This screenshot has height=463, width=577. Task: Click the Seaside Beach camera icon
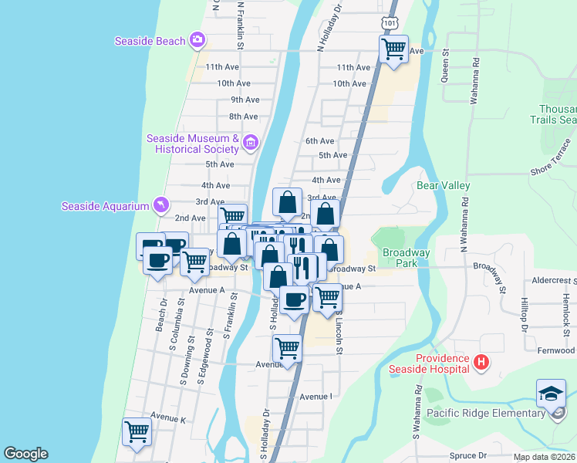coord(197,40)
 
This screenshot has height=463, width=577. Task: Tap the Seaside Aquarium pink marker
coord(160,204)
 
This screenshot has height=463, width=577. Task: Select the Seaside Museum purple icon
coord(250,143)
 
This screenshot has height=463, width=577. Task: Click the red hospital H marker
coord(481,362)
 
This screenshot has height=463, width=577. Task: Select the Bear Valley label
coord(443,185)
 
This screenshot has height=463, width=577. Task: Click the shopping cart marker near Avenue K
coord(137,431)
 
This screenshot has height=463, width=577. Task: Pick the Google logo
coord(25,454)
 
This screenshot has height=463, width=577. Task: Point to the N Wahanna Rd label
coord(465,222)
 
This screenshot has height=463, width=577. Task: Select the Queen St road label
coord(445,65)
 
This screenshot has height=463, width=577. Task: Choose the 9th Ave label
coord(245,100)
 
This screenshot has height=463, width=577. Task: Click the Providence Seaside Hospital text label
coord(443,363)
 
